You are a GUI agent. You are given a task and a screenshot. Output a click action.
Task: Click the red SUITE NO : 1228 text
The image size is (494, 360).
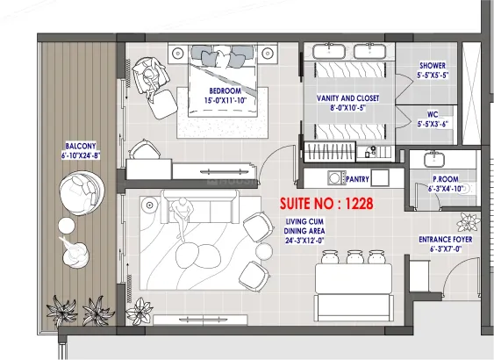[326, 204]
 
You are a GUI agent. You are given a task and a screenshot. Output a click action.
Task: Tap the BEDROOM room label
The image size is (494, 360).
[226, 91]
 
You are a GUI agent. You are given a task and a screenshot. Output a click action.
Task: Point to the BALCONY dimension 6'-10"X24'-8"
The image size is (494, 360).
[81, 155]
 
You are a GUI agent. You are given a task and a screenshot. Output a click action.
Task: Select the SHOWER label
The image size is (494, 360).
[433, 66]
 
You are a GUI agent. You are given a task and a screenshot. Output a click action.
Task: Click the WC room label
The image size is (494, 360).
[433, 114]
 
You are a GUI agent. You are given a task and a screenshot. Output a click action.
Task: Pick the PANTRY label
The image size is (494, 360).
[357, 179]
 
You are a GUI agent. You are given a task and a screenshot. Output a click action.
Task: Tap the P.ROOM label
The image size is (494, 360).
[446, 179]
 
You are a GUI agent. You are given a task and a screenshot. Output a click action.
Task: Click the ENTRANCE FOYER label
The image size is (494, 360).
[446, 240]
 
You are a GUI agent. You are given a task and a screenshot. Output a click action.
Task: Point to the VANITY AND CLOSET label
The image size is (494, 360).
[347, 98]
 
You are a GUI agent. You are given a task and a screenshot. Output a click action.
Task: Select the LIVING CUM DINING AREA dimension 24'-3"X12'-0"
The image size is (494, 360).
[304, 241]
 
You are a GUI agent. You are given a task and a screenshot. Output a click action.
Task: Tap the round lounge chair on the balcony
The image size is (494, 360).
[82, 193]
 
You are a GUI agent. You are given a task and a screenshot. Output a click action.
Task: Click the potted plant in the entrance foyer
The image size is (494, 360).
[469, 222]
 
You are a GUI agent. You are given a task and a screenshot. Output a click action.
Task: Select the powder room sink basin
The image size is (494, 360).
[434, 160]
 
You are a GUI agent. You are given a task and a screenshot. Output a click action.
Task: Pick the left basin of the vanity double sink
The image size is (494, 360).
[329, 52]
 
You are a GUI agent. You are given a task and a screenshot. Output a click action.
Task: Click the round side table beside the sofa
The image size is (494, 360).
[150, 205]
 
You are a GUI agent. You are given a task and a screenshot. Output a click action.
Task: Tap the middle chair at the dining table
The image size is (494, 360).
[355, 257]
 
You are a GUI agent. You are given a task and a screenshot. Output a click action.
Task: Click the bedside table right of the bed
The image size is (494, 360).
[268, 54]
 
